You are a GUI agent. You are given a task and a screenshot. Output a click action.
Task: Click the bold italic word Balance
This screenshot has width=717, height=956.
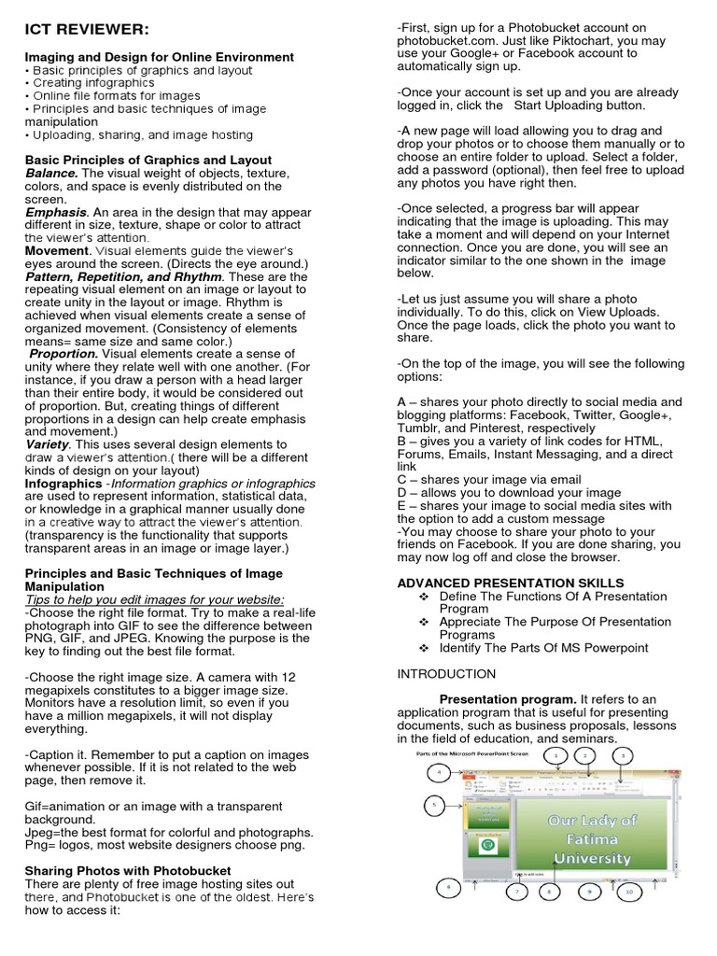click(51, 174)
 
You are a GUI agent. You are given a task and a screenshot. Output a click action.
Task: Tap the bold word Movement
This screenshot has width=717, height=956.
click(57, 251)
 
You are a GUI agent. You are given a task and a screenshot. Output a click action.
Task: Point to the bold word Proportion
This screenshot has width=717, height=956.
click(64, 354)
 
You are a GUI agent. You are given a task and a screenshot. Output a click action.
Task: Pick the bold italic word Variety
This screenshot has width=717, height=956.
click(49, 444)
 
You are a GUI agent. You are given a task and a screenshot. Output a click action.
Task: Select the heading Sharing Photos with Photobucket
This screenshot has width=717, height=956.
click(128, 870)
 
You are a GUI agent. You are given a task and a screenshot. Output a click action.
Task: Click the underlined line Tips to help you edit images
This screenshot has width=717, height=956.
click(155, 599)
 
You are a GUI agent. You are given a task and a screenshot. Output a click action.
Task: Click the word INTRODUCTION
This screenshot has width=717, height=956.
click(446, 673)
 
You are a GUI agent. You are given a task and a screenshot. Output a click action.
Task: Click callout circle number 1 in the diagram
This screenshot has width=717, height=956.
click(555, 753)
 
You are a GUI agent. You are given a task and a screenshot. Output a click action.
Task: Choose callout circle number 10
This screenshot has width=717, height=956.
click(628, 892)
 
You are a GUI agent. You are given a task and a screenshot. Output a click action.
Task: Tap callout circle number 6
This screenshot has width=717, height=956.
click(448, 886)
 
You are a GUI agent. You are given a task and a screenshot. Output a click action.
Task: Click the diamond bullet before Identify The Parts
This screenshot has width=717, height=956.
click(424, 648)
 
